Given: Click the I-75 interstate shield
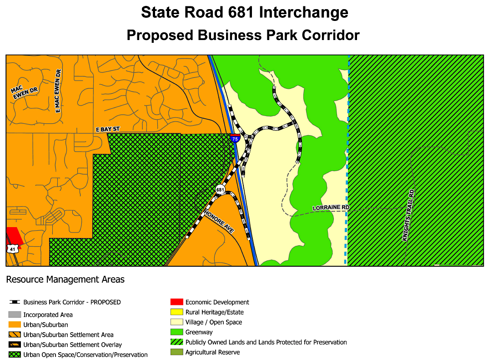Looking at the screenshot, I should [x=235, y=138].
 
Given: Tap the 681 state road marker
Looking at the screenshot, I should [x=220, y=189].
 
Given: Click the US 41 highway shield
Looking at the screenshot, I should [x=12, y=248].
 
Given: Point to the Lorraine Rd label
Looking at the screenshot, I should [x=331, y=208].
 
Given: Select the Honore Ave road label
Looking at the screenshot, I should [x=219, y=222].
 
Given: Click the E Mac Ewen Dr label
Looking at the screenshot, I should [x=58, y=91].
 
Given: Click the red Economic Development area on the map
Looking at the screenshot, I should [x=13, y=237].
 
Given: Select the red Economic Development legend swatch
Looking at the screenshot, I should [x=176, y=302].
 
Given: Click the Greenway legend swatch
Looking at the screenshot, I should [x=176, y=332].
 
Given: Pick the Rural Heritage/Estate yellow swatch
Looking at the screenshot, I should [x=176, y=312].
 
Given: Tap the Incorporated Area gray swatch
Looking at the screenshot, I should [x=15, y=314].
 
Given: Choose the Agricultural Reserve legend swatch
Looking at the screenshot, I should [x=176, y=352].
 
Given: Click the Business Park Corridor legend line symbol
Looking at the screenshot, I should [x=15, y=302].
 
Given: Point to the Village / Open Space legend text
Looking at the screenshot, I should [x=213, y=322].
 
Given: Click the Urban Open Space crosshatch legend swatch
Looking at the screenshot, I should [x=15, y=355].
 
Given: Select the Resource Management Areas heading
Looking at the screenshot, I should [x=65, y=279].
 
